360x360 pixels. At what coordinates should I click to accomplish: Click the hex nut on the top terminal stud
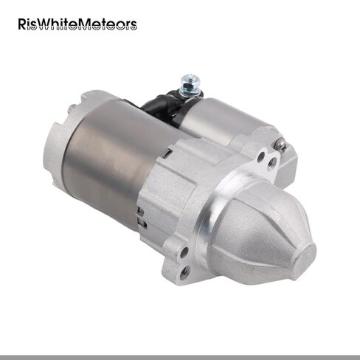[189, 86]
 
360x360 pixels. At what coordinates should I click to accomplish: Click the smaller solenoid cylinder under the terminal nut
[221, 120]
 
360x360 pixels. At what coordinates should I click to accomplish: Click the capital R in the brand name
[22, 24]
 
